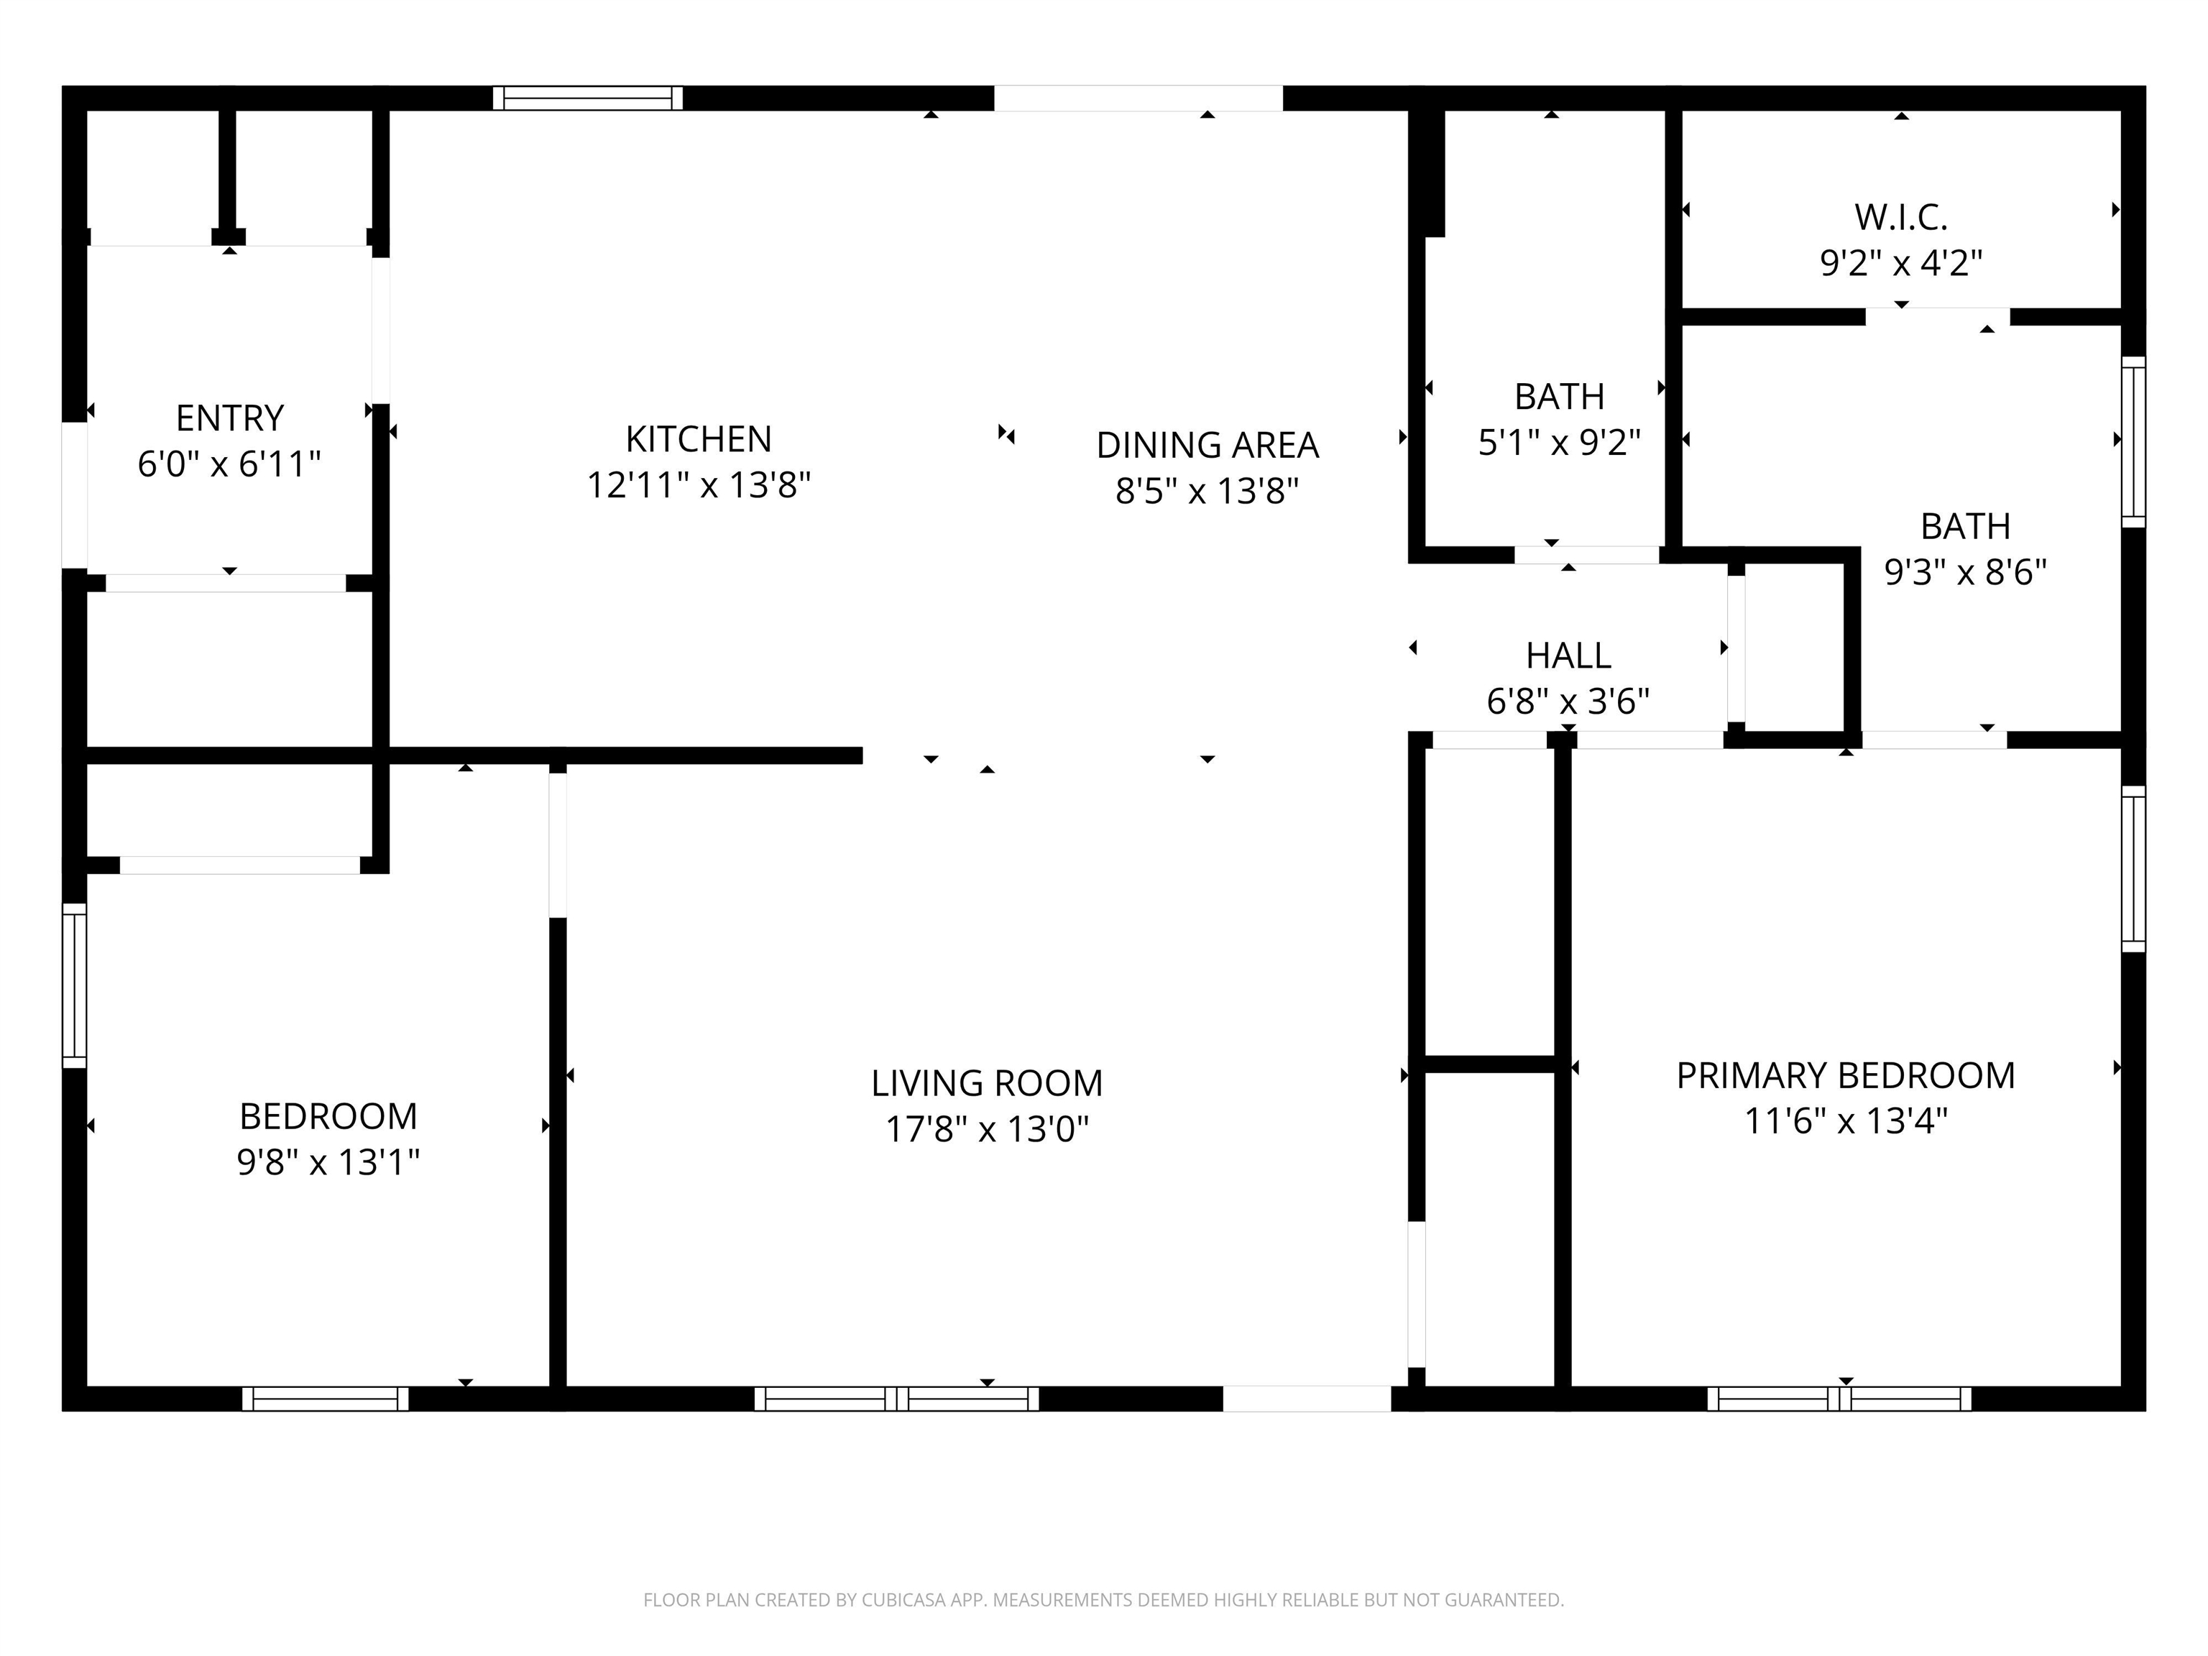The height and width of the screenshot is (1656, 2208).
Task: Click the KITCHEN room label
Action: click(698, 439)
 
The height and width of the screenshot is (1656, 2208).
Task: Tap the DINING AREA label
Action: click(1207, 445)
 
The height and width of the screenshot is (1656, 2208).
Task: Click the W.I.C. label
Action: click(1900, 216)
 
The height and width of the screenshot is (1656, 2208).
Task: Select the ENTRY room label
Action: click(229, 418)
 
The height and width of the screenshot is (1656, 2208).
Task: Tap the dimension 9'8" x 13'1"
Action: click(328, 1162)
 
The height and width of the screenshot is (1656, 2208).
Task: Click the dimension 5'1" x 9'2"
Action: click(1559, 442)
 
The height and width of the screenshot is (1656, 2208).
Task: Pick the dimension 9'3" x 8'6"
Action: click(1964, 572)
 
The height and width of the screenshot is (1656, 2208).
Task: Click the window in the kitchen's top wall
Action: click(587, 98)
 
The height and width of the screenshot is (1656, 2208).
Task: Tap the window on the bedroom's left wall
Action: click(75, 985)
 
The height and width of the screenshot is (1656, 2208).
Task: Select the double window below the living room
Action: click(896, 1399)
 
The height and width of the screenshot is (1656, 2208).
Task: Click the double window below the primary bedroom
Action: click(1839, 1399)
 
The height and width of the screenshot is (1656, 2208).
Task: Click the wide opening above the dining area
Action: click(1138, 98)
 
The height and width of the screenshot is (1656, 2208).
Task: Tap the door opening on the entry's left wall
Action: click(75, 495)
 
